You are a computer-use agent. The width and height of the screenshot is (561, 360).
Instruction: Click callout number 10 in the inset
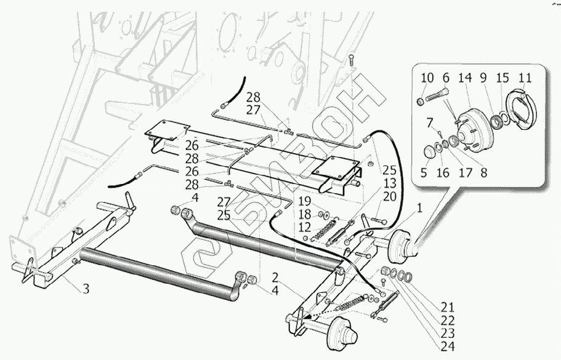tap(426, 78)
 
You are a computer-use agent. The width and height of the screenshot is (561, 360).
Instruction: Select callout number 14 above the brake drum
tap(464, 78)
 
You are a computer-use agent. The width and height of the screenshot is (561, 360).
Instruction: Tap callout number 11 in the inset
tap(525, 78)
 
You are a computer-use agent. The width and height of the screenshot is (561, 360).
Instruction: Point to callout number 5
tap(424, 174)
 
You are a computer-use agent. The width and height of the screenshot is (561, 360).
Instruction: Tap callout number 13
tap(389, 183)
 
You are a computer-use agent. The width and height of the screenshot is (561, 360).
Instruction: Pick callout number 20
tap(389, 196)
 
